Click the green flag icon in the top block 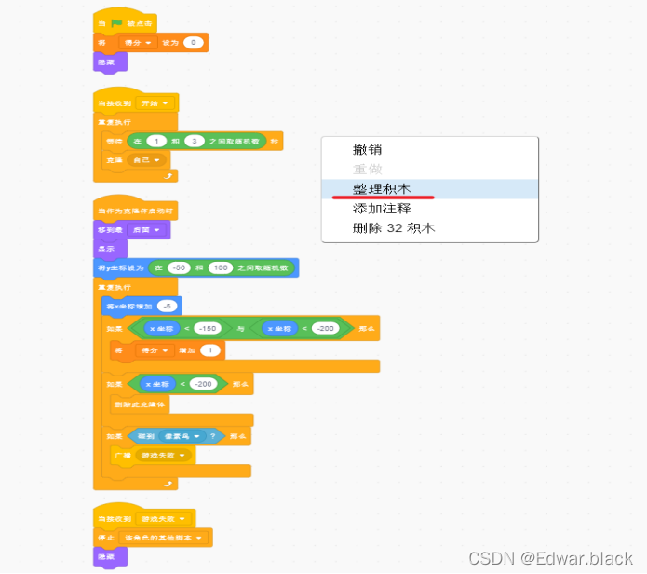pyautogui.click(x=116, y=22)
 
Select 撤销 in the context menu pyautogui.click(x=367, y=149)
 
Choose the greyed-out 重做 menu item pyautogui.click(x=367, y=169)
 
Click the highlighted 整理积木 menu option pyautogui.click(x=381, y=188)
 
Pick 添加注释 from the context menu pyautogui.click(x=381, y=208)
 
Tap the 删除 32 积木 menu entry pyautogui.click(x=394, y=228)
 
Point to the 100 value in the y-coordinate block pyautogui.click(x=221, y=268)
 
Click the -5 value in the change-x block pyautogui.click(x=167, y=306)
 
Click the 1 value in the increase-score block pyautogui.click(x=211, y=350)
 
